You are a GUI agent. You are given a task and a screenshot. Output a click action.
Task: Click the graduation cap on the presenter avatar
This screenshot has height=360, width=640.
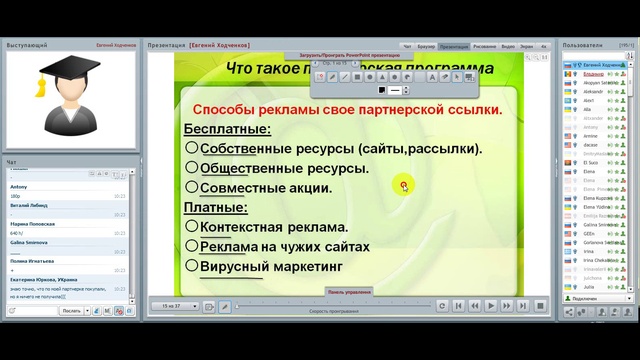(x=67, y=70)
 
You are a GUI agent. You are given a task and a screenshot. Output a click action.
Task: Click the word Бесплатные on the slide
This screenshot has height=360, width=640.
(x=227, y=129)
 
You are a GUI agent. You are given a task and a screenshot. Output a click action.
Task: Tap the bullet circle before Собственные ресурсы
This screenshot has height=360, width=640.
(x=191, y=148)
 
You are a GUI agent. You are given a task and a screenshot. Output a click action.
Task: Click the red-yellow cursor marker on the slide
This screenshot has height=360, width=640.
(x=404, y=184)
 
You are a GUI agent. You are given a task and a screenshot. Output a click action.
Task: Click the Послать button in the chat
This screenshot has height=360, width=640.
(x=71, y=311)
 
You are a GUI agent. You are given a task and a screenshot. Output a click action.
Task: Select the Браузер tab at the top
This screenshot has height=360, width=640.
(x=426, y=46)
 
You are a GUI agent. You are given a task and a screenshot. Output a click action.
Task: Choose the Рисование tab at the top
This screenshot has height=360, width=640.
(x=484, y=46)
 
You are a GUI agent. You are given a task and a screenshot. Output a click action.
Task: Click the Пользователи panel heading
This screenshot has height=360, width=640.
(x=582, y=46)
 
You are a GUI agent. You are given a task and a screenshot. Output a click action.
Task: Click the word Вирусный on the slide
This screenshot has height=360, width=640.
(x=236, y=266)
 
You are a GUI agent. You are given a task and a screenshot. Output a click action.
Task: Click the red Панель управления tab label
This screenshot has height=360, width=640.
(x=349, y=292)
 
